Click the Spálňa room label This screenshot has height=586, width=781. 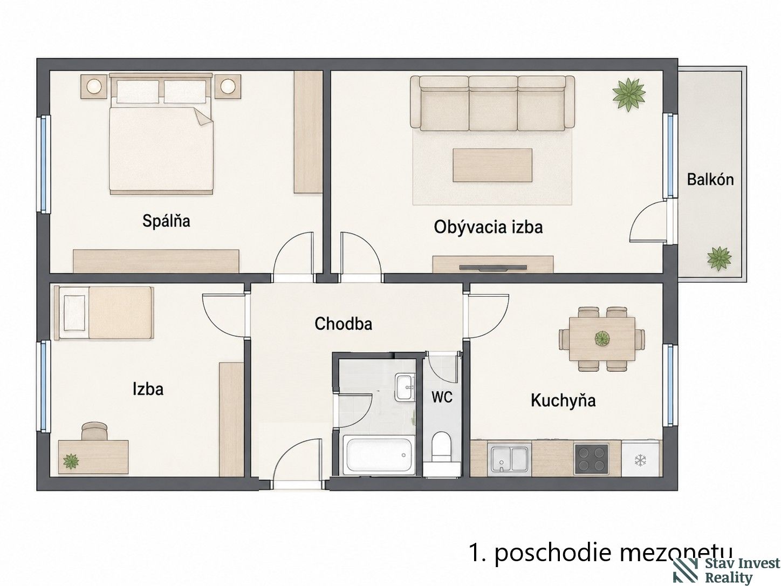click(166, 221)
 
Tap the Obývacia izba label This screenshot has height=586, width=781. click(488, 227)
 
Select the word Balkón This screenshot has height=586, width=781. click(710, 179)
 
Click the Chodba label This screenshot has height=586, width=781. click(344, 324)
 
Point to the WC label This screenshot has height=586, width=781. click(442, 397)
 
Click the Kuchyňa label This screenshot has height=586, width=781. click(563, 400)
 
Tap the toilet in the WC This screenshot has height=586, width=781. click(441, 447)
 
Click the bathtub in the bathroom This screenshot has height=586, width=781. click(378, 455)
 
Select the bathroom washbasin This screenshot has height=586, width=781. click(405, 387)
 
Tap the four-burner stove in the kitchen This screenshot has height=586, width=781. click(591, 459)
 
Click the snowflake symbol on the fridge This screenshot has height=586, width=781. click(640, 461)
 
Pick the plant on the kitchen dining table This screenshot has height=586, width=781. click(602, 338)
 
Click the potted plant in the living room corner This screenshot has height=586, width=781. click(629, 94)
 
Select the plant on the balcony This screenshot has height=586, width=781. click(719, 258)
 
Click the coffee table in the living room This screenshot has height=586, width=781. click(492, 165)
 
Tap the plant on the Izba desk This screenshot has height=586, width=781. click(71, 461)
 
